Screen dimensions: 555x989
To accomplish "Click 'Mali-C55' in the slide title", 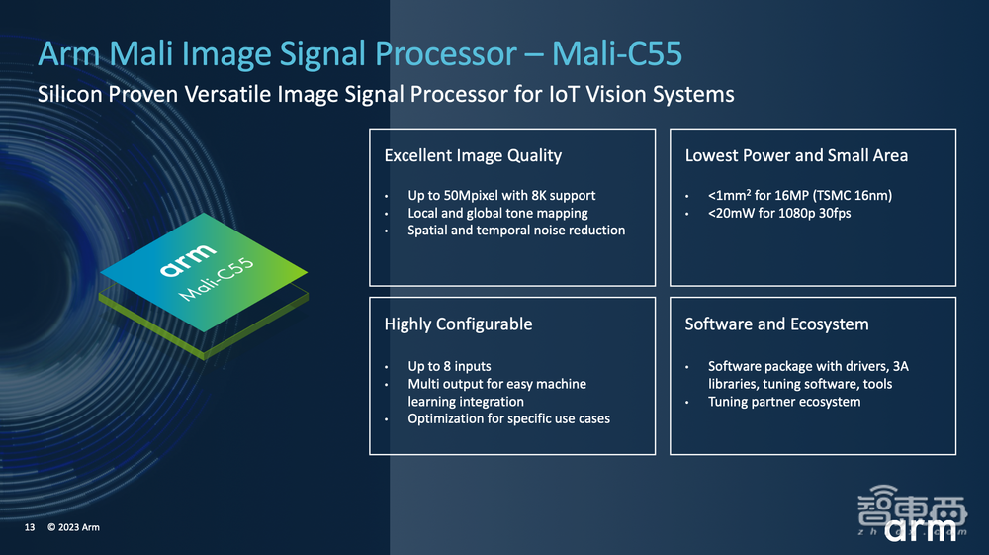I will [617, 53].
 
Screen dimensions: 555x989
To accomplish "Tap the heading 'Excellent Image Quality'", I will [473, 155].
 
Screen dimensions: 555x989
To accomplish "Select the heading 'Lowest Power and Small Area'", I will [796, 155].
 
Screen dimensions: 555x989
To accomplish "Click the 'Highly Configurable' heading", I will [458, 324].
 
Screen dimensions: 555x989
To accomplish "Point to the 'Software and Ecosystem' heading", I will [776, 324].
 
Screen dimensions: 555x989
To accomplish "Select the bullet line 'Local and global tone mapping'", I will [497, 213].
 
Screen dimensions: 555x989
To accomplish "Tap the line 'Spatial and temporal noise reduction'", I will [516, 231].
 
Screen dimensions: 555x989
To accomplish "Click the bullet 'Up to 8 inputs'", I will [449, 366].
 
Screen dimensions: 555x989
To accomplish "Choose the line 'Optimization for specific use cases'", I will [508, 418].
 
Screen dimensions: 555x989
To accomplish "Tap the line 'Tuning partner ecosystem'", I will [784, 402].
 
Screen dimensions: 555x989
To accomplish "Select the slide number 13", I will [30, 528].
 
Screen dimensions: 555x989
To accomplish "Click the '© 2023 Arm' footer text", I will [73, 528].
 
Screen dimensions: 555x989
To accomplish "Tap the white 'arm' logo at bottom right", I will [921, 528].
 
